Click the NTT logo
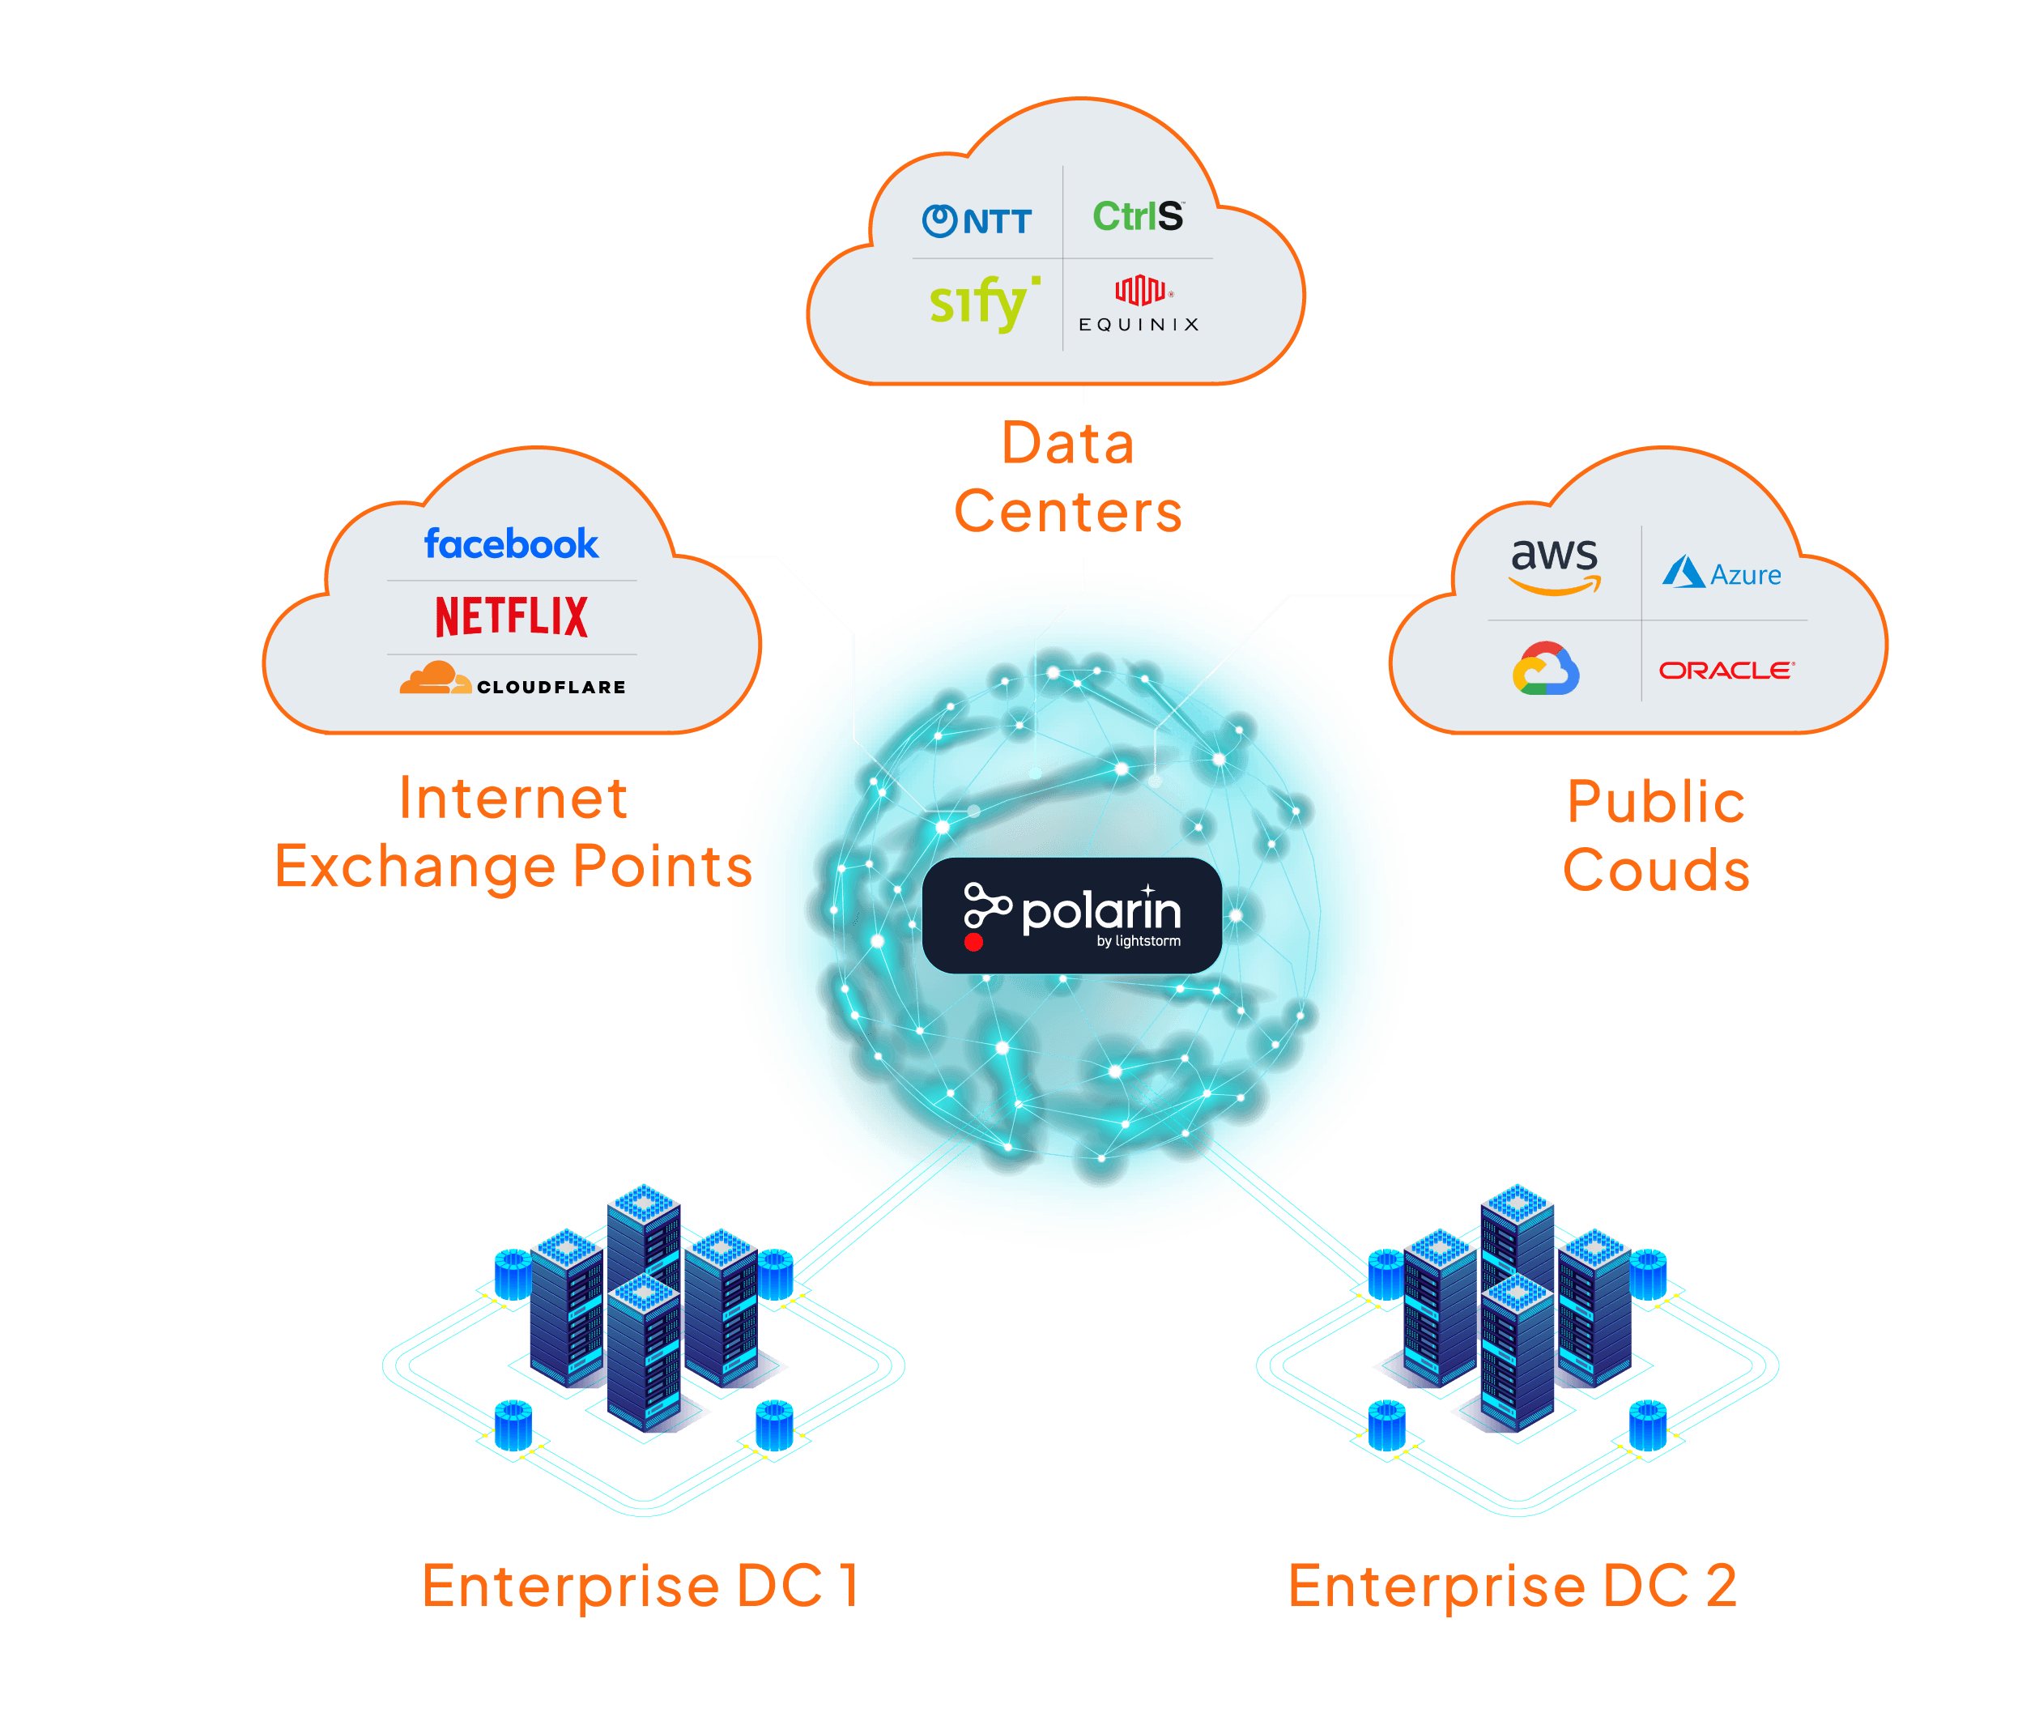pos(977,221)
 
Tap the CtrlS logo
pos(1137,216)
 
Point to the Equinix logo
pos(1139,305)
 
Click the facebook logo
pos(511,544)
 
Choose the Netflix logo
pos(511,616)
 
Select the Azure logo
pos(1722,573)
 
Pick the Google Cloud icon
pos(1546,668)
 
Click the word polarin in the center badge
pos(1101,912)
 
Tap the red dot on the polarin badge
pos(973,943)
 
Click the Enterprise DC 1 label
pos(641,1586)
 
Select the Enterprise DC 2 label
pos(1513,1586)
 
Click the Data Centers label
pos(1068,478)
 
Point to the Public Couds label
pos(1656,836)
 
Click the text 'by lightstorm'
pos(1139,941)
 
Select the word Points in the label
pos(662,867)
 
